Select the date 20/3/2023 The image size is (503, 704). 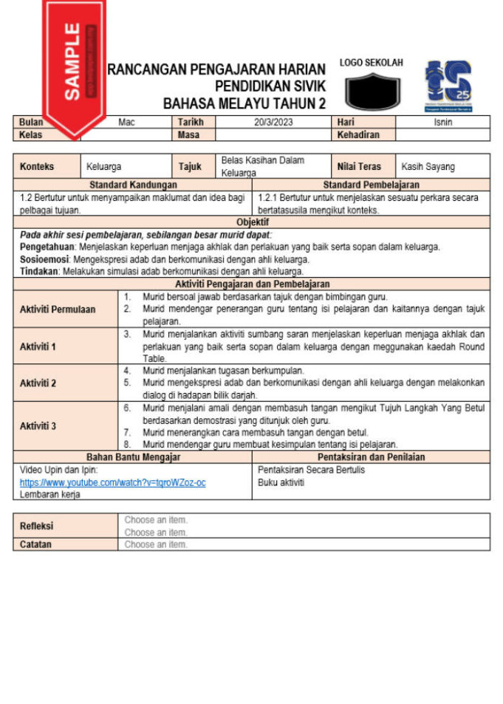273,123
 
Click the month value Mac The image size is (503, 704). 126,123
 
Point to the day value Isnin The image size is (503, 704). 443,123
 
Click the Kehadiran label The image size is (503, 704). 358,135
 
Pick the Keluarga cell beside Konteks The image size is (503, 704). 104,167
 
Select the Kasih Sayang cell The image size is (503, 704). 428,167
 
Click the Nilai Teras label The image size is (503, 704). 359,167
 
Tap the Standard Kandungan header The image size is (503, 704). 133,185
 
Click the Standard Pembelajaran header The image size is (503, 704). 371,185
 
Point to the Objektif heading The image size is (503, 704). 252,222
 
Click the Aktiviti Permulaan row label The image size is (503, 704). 58,310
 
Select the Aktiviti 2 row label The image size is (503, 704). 38,383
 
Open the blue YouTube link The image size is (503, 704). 112,482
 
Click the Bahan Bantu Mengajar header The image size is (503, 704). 133,457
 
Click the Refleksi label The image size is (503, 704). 36,526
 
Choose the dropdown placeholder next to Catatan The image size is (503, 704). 156,544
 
